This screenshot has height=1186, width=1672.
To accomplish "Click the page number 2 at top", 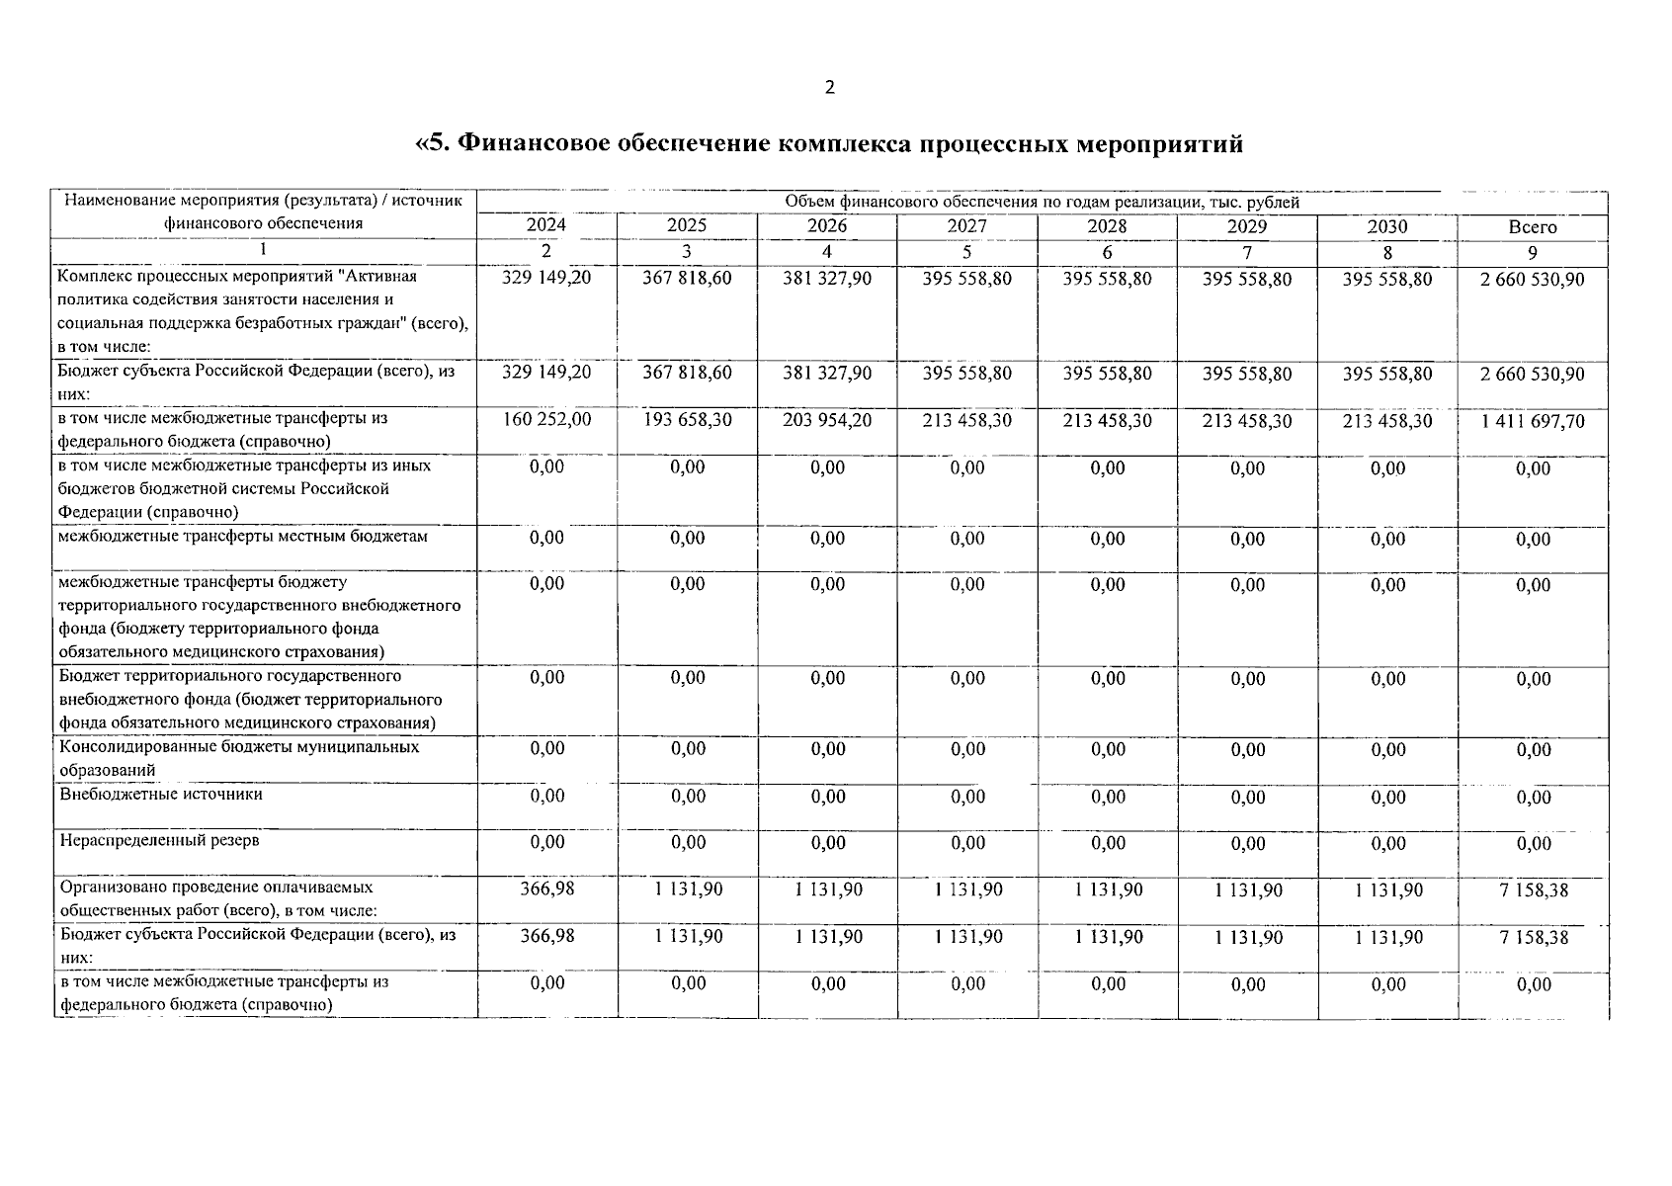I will pos(829,87).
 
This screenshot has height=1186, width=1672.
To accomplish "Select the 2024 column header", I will pos(546,225).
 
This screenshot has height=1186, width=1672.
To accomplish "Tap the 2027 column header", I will pos(966,226).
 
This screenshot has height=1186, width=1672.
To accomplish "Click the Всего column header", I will pos(1533,227).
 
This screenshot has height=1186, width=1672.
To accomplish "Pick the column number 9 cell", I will pos(1533,252).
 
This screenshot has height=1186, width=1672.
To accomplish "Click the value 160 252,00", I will pos(546,419).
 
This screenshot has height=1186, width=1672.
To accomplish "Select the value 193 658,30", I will pos(687,419).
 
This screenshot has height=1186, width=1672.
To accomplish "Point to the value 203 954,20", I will pos(827,420).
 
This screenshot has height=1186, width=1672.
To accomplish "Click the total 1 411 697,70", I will pos(1533,421).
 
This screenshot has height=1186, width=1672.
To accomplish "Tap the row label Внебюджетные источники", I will pos(161,794).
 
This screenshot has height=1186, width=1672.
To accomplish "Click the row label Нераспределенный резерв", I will pos(160,840).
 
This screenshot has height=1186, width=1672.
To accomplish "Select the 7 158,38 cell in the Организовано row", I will pos(1533,890).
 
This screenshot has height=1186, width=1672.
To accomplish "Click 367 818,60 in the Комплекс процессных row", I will pos(687,278).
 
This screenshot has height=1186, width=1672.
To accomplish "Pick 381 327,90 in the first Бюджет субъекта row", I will pos(827,373).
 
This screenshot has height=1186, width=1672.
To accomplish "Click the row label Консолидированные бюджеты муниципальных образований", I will pos(239,758).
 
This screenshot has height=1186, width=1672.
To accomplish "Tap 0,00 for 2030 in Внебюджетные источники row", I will pos(1388,797).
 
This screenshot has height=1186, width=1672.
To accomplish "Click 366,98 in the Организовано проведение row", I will pos(546,889).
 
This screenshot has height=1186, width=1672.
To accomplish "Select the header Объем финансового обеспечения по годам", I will pos(1042,202).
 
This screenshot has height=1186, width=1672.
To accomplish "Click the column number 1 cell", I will pos(263,250).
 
